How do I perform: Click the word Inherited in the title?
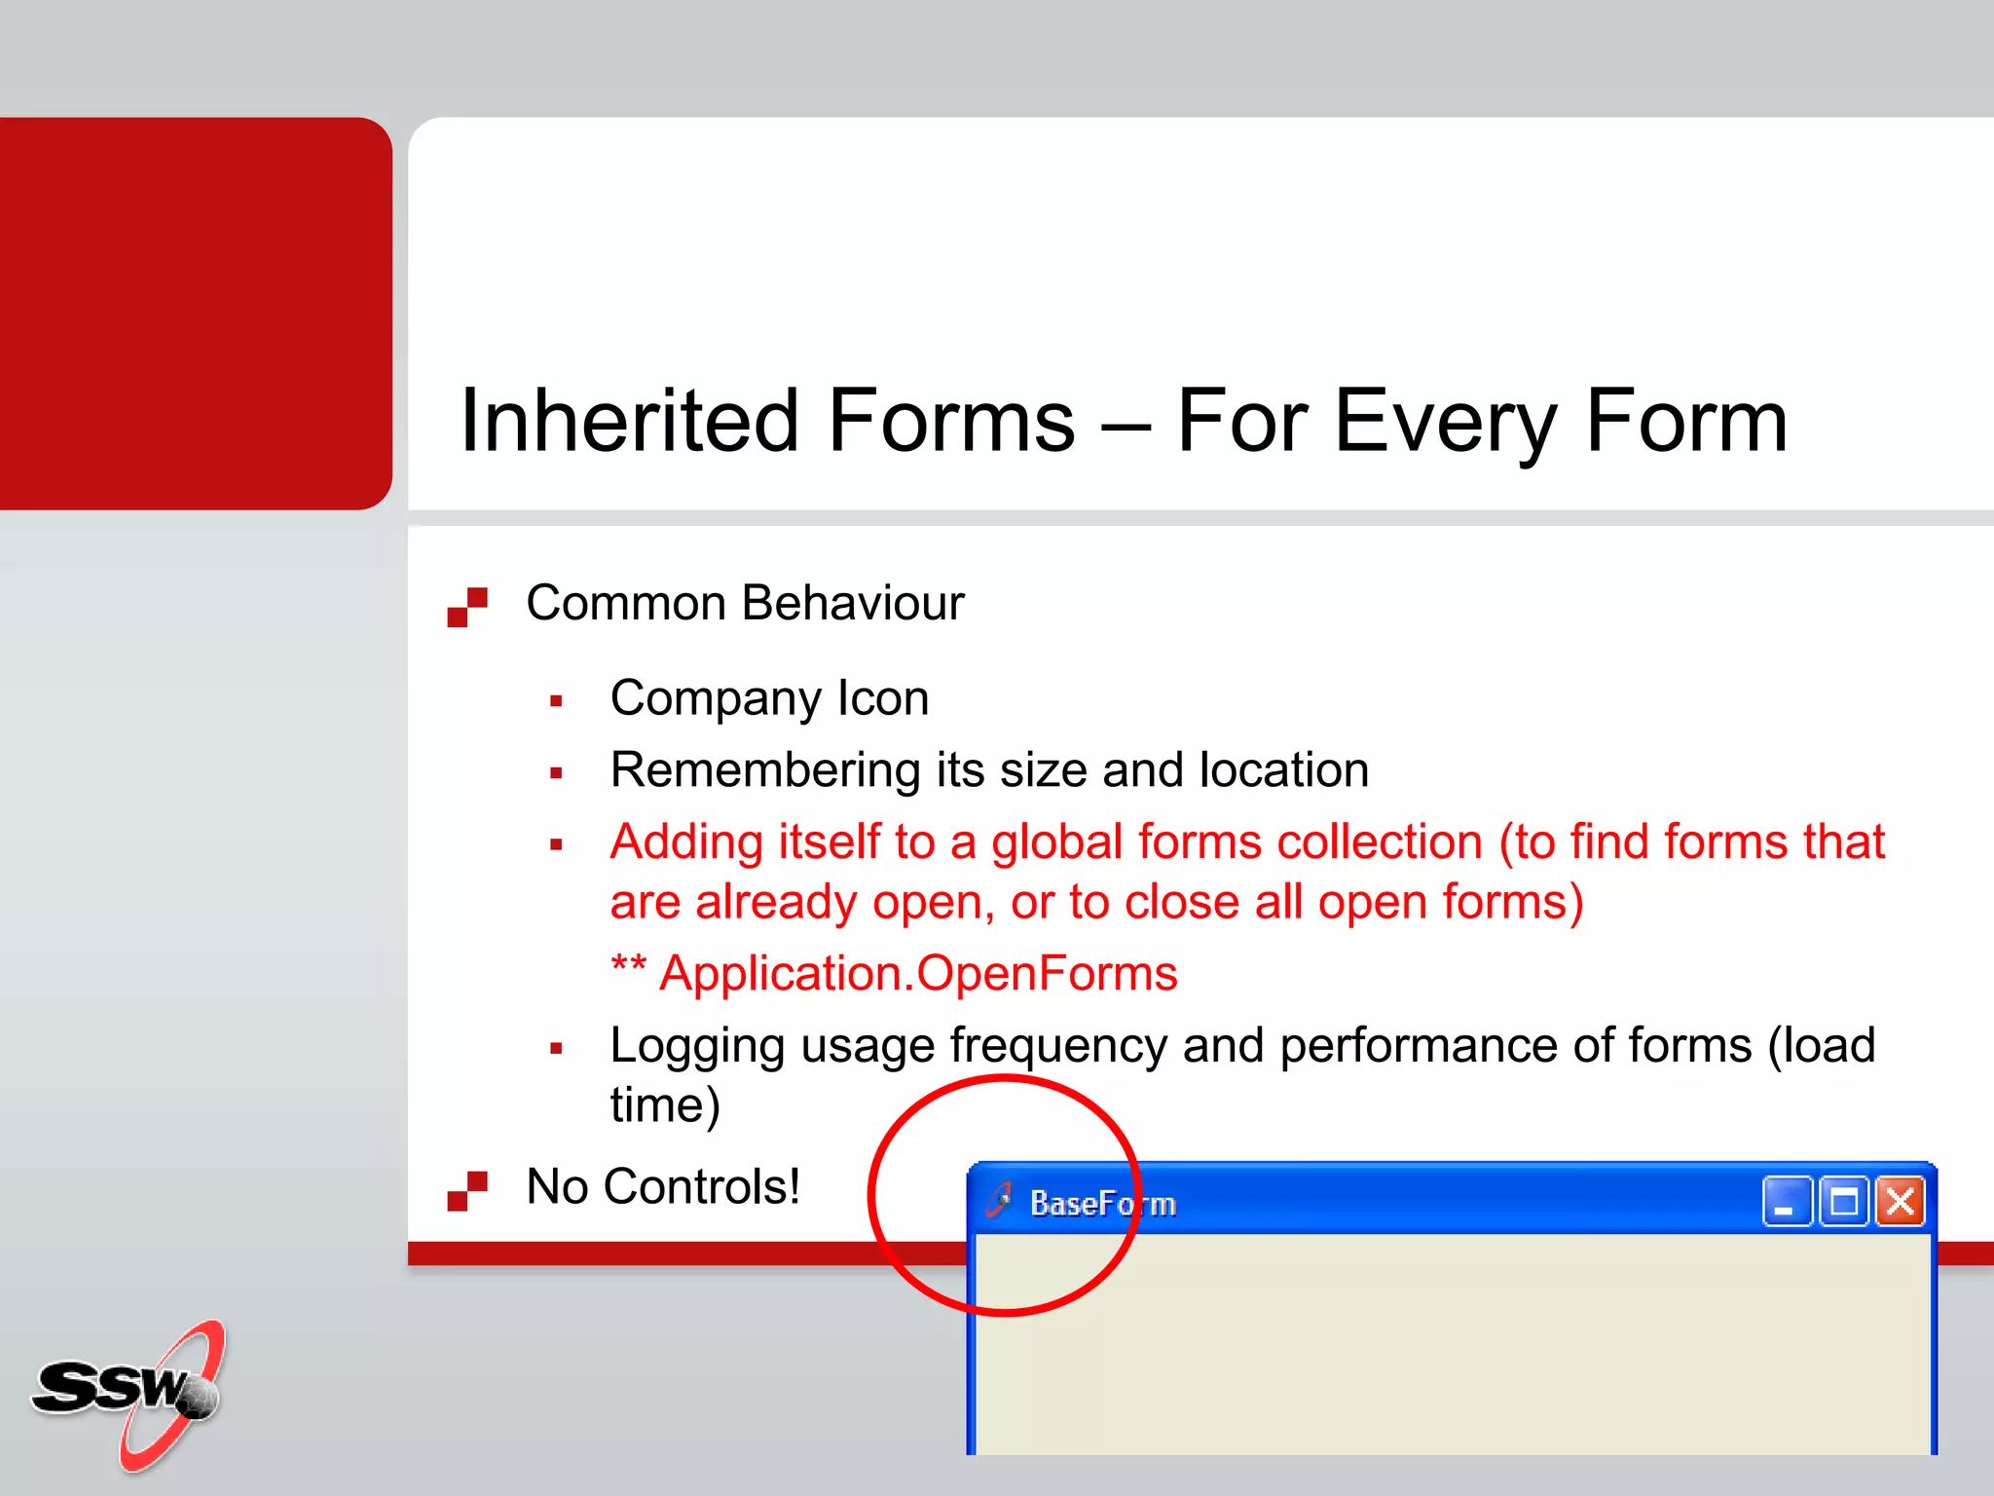(623, 421)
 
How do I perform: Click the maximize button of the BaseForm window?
(1843, 1202)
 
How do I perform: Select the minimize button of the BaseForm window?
(1787, 1202)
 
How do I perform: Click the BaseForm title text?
(1102, 1204)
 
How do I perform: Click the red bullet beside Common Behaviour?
(467, 607)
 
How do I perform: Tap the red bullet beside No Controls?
(467, 1190)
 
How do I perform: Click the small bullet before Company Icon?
(556, 701)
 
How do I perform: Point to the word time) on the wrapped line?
(664, 1105)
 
